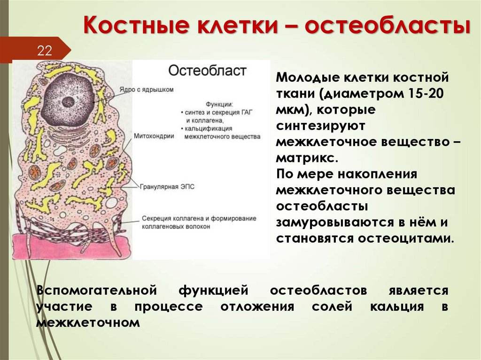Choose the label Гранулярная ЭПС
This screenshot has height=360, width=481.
click(167, 186)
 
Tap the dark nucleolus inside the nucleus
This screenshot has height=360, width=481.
click(69, 100)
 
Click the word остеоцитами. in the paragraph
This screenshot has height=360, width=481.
click(406, 238)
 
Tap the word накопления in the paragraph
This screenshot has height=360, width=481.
click(379, 174)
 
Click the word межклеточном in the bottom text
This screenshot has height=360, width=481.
click(88, 322)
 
